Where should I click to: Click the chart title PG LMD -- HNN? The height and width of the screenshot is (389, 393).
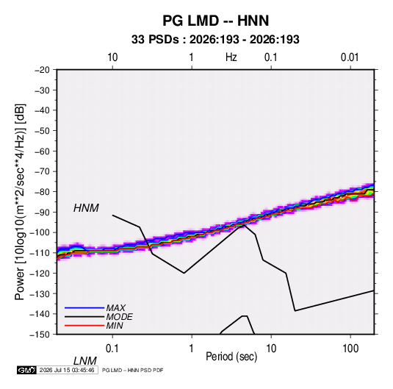(x=215, y=21)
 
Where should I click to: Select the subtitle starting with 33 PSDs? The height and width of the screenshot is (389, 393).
(x=215, y=40)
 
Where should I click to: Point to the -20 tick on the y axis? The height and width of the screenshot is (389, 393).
(x=42, y=70)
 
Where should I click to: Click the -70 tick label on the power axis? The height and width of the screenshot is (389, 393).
(x=42, y=171)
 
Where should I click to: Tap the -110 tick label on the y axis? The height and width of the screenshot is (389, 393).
(x=40, y=253)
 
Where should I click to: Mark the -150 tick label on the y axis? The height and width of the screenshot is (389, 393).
(x=40, y=335)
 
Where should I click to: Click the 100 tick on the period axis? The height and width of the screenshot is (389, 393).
(x=350, y=349)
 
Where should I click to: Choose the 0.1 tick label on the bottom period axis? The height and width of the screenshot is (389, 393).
(x=112, y=349)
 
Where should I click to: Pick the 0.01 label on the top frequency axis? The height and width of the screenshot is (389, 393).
(x=350, y=57)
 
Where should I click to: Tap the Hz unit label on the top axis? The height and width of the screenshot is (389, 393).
(x=231, y=57)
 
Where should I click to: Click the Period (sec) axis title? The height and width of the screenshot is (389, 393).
(x=231, y=357)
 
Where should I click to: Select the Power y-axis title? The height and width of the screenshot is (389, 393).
(x=20, y=202)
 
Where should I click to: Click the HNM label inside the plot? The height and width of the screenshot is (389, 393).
(x=86, y=208)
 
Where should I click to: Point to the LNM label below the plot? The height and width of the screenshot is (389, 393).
(x=85, y=361)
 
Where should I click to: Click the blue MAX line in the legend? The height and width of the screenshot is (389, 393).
(x=84, y=307)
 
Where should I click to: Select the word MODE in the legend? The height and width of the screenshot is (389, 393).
(x=119, y=317)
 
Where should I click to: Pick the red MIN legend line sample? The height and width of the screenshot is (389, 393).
(x=84, y=326)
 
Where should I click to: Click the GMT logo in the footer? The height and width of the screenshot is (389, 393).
(x=27, y=370)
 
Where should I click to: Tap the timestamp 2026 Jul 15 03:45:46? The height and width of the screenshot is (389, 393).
(x=67, y=370)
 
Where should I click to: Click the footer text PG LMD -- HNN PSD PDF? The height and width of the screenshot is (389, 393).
(x=132, y=370)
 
